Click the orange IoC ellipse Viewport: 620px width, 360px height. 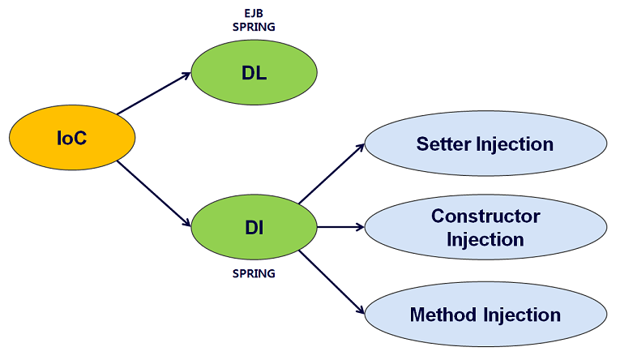pos(71,139)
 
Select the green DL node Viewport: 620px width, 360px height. pos(254,72)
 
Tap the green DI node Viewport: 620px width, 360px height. pos(254,227)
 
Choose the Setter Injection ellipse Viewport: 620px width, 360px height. pos(485,144)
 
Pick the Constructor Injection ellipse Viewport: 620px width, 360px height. pos(485,228)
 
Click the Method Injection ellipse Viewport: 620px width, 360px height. pos(485,315)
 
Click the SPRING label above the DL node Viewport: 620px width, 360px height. pos(254,27)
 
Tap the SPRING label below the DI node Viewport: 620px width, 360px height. pos(254,274)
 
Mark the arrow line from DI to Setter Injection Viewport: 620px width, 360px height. pos(331,174)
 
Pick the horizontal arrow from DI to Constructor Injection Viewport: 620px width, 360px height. pos(340,227)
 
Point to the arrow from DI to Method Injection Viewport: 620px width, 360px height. pos(331,282)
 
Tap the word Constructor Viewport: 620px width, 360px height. pos(485,216)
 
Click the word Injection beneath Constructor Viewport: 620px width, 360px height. pos(485,240)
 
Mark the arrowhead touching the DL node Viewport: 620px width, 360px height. pos(186,75)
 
